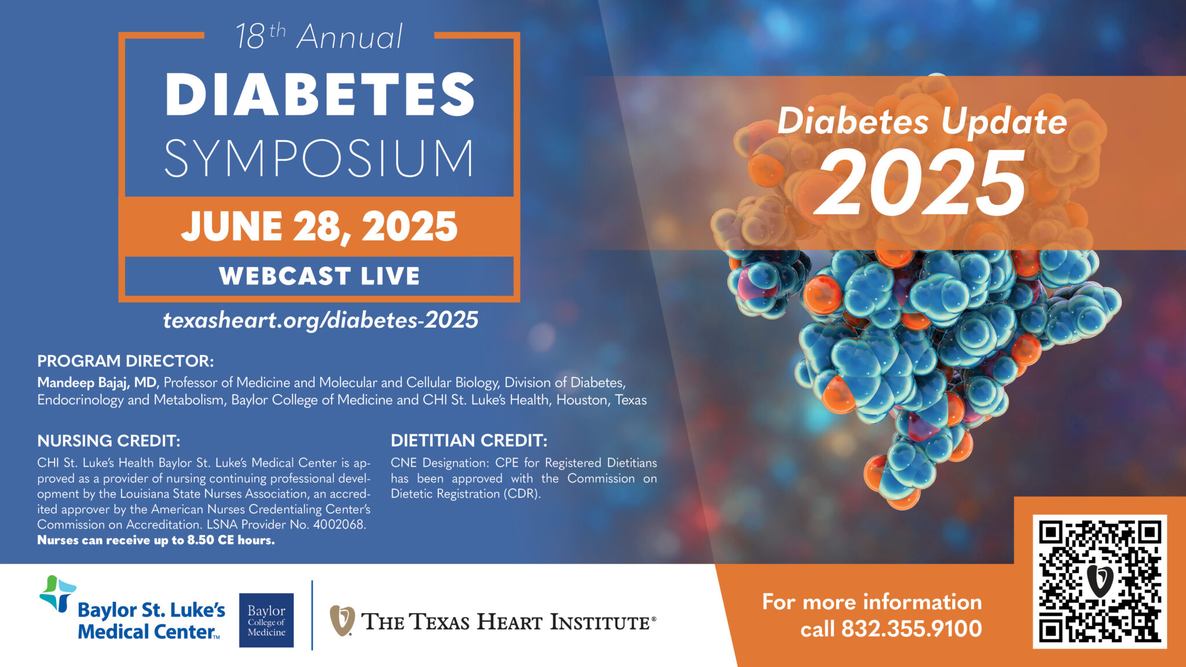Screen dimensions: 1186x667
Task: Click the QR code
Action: [x=1099, y=581]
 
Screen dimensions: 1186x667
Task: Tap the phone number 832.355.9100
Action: [x=912, y=629]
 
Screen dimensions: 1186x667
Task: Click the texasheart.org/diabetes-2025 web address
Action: [x=320, y=320]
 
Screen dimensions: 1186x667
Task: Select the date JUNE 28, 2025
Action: [x=319, y=226]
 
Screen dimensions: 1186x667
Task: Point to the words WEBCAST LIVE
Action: [x=319, y=276]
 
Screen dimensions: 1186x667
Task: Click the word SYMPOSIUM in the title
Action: [x=319, y=158]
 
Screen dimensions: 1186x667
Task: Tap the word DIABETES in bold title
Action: [x=320, y=94]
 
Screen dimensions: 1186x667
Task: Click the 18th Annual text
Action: [x=319, y=38]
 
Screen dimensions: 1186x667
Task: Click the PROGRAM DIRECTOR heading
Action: [x=126, y=361]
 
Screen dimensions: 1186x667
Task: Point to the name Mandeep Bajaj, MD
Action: [x=97, y=383]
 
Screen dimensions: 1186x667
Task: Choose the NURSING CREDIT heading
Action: [x=109, y=441]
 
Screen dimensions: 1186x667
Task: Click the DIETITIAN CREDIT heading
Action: [x=469, y=441]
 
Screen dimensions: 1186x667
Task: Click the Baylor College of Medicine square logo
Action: [x=266, y=620]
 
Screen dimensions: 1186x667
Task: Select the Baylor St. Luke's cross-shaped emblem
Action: [x=57, y=593]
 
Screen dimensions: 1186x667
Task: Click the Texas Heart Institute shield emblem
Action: [x=342, y=621]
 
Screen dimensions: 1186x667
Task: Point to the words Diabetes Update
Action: [x=922, y=122]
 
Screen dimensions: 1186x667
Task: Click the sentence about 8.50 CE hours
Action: [x=156, y=540]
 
